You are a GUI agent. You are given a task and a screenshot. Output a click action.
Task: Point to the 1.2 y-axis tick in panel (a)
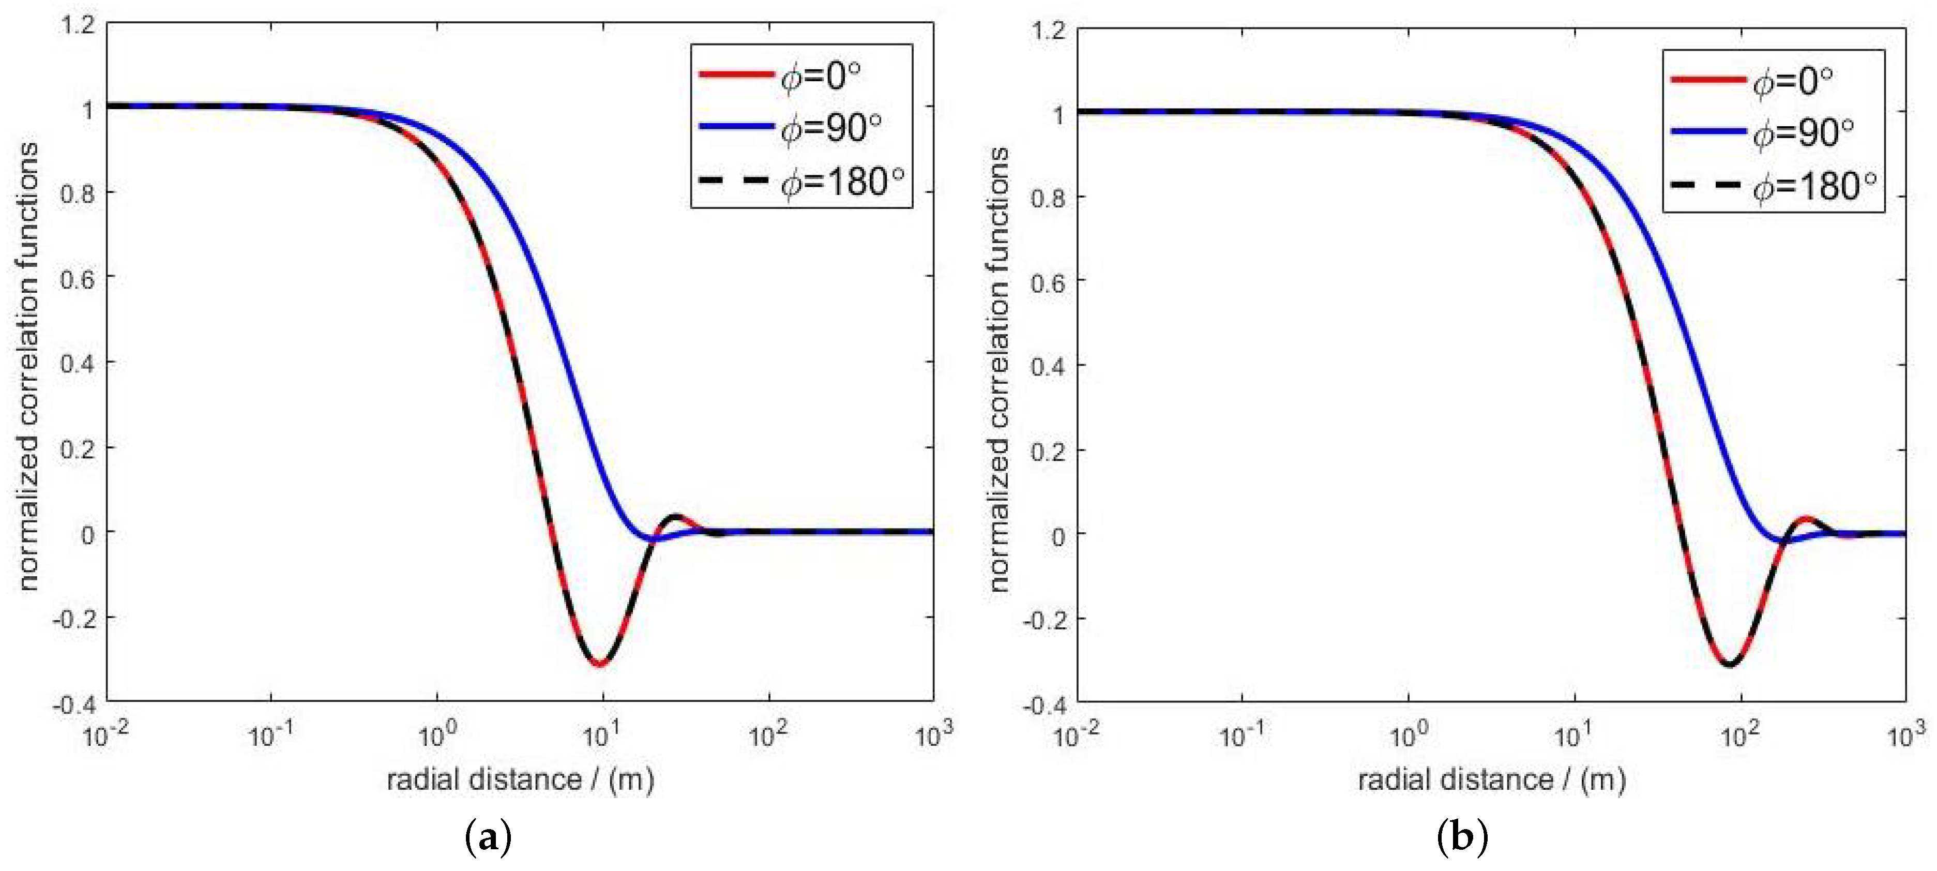point(80,25)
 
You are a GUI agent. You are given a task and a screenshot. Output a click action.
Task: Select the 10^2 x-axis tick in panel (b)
point(1739,734)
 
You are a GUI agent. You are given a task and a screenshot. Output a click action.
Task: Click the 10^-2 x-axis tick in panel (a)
point(105,734)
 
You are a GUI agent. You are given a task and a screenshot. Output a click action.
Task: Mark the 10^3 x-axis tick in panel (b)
point(1906,734)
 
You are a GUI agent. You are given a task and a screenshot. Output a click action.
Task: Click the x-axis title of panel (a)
point(520,780)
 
